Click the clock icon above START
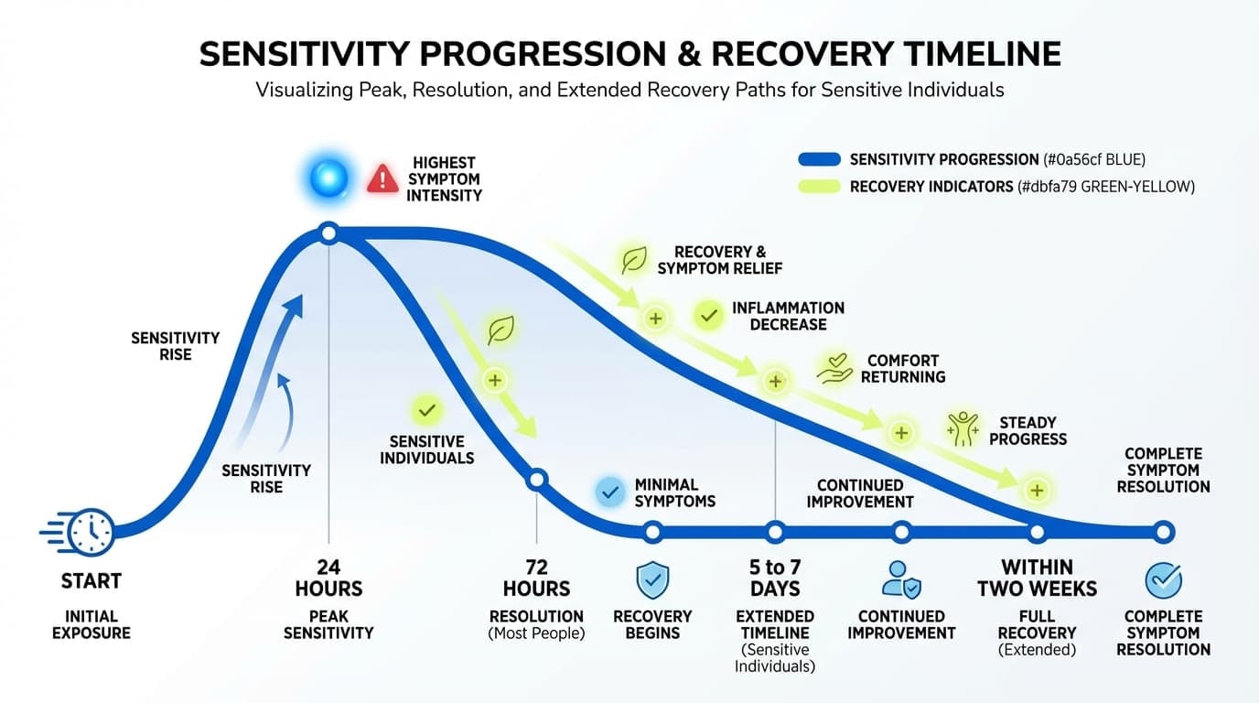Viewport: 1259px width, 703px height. [91, 532]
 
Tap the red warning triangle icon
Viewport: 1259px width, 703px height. [382, 178]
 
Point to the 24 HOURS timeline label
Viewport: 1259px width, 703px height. [328, 578]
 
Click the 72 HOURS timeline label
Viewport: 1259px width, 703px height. [536, 578]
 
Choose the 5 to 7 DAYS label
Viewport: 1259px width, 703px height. [775, 578]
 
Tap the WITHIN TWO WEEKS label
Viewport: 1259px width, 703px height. [1037, 578]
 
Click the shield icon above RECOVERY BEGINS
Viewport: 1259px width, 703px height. [652, 580]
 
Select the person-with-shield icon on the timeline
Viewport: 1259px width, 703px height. [901, 580]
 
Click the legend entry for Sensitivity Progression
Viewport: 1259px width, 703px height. [970, 159]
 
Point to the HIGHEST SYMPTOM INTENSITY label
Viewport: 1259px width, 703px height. [445, 178]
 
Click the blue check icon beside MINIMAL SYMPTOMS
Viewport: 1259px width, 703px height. [608, 492]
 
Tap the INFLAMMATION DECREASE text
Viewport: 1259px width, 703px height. [788, 317]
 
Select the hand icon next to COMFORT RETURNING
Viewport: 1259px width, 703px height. [834, 368]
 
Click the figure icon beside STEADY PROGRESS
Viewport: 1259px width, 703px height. [964, 428]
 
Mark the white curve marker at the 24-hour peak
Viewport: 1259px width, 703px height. [329, 234]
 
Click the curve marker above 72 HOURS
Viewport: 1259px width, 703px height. [537, 479]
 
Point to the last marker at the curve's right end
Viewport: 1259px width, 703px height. [1163, 532]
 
